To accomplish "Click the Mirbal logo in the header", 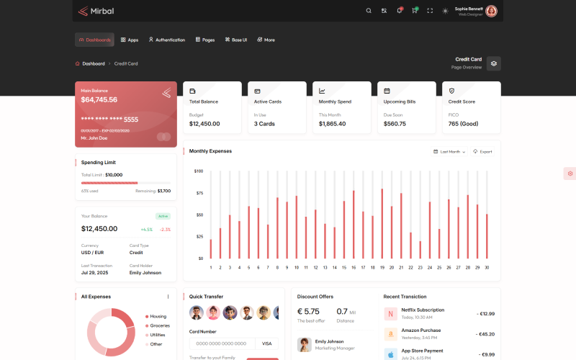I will [96, 11].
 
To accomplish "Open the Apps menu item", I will [130, 40].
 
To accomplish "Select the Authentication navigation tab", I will [166, 40].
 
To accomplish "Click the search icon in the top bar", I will [369, 11].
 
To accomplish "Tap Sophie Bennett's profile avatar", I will [491, 11].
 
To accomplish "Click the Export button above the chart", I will [482, 152].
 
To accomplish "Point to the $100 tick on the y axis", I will [199, 171].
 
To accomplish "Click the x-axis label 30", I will [487, 267].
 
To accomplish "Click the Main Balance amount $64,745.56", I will [99, 100].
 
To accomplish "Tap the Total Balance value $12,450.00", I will [204, 124].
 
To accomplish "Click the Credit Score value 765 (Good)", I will [464, 124].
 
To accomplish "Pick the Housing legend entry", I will [158, 316].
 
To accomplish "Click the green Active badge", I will [163, 216].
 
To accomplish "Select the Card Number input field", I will [222, 344].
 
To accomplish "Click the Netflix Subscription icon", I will [390, 314].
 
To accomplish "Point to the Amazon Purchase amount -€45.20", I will [485, 334].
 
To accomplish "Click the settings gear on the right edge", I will [570, 174].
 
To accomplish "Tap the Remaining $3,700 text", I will [153, 191].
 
